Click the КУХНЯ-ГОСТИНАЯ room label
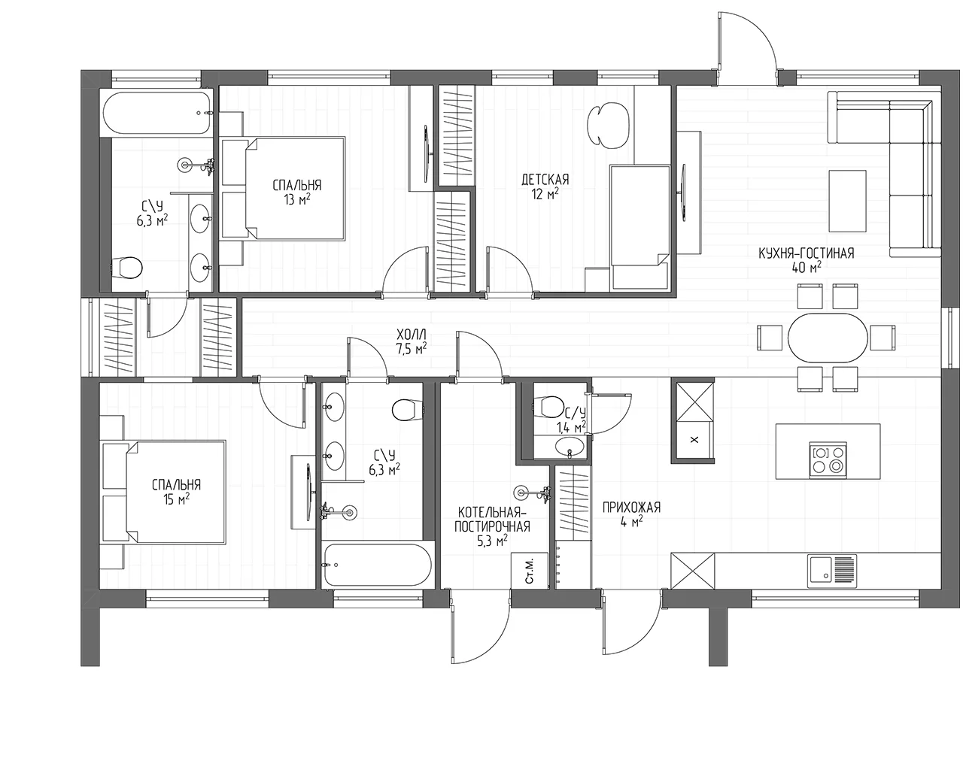(806, 253)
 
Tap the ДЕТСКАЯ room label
(545, 180)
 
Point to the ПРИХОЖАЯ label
(631, 508)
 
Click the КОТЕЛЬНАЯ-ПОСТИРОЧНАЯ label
(492, 519)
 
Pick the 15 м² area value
(176, 499)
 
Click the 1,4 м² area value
(571, 428)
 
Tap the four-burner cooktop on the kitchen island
(828, 460)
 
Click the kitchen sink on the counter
(832, 571)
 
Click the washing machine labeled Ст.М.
(530, 571)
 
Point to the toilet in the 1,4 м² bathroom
(549, 407)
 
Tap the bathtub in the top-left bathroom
(156, 113)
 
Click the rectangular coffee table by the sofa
(848, 201)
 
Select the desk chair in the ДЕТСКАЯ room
(608, 126)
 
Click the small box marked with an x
(694, 440)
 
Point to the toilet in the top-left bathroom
(126, 268)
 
